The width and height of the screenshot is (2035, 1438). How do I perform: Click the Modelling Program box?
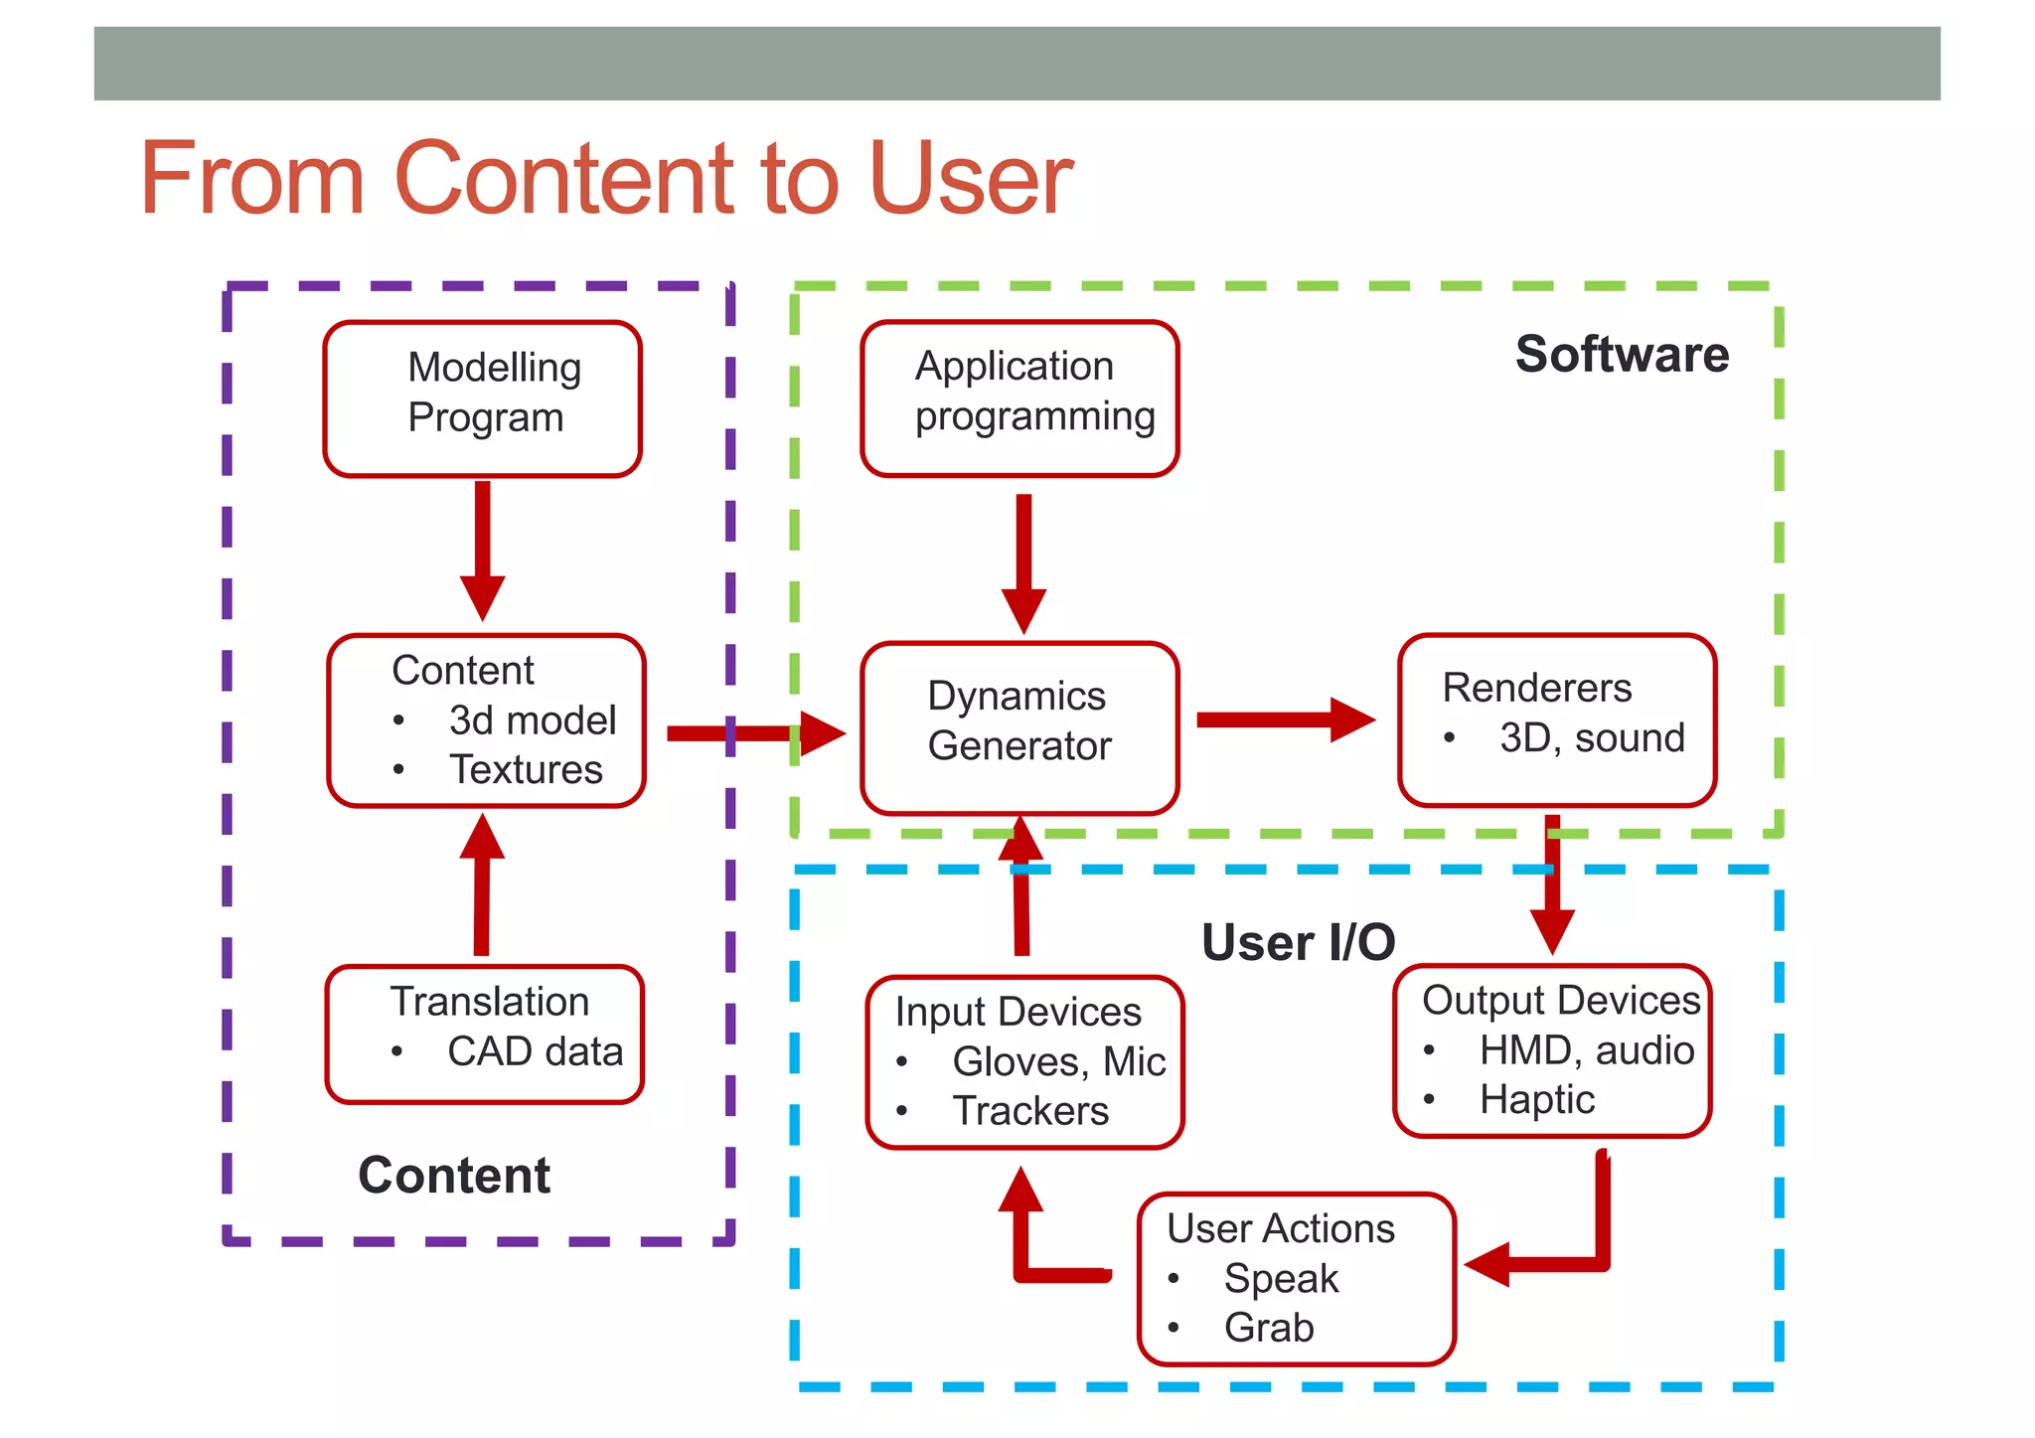click(x=483, y=398)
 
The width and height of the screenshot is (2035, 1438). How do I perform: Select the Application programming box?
click(x=1019, y=398)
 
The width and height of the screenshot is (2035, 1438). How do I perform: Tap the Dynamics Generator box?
click(x=1019, y=727)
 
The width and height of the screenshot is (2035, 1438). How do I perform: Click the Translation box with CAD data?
click(x=485, y=1034)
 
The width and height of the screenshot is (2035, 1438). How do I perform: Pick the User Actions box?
click(x=1297, y=1278)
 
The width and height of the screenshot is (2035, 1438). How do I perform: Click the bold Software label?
click(x=1622, y=355)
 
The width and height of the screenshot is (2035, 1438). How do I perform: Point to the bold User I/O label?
click(x=1298, y=942)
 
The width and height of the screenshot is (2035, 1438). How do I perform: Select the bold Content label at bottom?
click(x=454, y=1176)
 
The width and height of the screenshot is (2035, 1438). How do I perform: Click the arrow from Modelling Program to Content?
click(x=483, y=547)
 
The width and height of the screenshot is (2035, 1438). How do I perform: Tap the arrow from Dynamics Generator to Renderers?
click(x=1282, y=719)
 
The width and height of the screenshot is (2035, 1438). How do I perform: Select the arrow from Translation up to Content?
click(x=483, y=884)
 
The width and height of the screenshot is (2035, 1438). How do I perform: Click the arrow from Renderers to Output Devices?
click(x=1552, y=884)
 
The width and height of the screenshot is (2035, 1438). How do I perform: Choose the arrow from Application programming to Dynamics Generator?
click(x=1023, y=561)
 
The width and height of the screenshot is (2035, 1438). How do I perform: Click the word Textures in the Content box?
click(x=526, y=770)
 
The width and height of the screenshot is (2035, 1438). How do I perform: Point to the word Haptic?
click(x=1536, y=1100)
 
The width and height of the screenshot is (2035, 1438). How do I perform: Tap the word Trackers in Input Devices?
click(x=1030, y=1111)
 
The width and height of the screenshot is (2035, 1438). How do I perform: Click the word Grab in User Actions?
click(x=1269, y=1328)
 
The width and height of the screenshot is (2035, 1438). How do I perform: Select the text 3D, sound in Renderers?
click(x=1592, y=738)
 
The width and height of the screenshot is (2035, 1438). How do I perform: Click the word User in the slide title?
click(x=970, y=179)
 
